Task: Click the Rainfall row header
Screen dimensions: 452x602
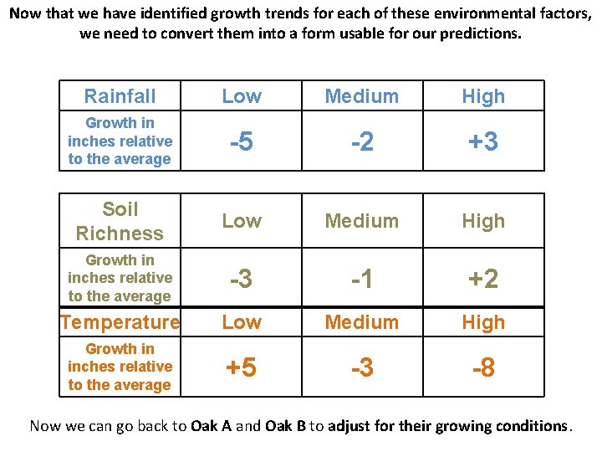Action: tap(120, 96)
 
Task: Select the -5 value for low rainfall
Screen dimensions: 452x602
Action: tap(242, 142)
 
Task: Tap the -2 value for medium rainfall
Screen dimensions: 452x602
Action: tap(361, 142)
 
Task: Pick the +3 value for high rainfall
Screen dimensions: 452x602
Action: tap(483, 142)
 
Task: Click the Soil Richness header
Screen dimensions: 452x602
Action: tap(120, 221)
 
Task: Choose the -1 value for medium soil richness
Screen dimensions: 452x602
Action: tap(361, 279)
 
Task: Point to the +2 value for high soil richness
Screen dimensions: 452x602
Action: tap(483, 279)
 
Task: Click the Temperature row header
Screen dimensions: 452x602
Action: tap(120, 322)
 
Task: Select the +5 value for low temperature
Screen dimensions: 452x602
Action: tap(242, 367)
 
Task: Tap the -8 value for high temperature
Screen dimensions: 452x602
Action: tap(483, 367)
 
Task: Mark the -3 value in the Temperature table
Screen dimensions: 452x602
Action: tap(361, 367)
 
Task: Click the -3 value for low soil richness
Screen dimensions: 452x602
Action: tap(242, 279)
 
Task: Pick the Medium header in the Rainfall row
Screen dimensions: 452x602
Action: tap(361, 96)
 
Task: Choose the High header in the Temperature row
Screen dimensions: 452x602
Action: tap(483, 322)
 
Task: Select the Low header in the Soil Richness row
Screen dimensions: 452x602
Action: tap(242, 221)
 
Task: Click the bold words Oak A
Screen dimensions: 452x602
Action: tap(212, 426)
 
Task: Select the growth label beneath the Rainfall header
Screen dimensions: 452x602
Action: tap(120, 141)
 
